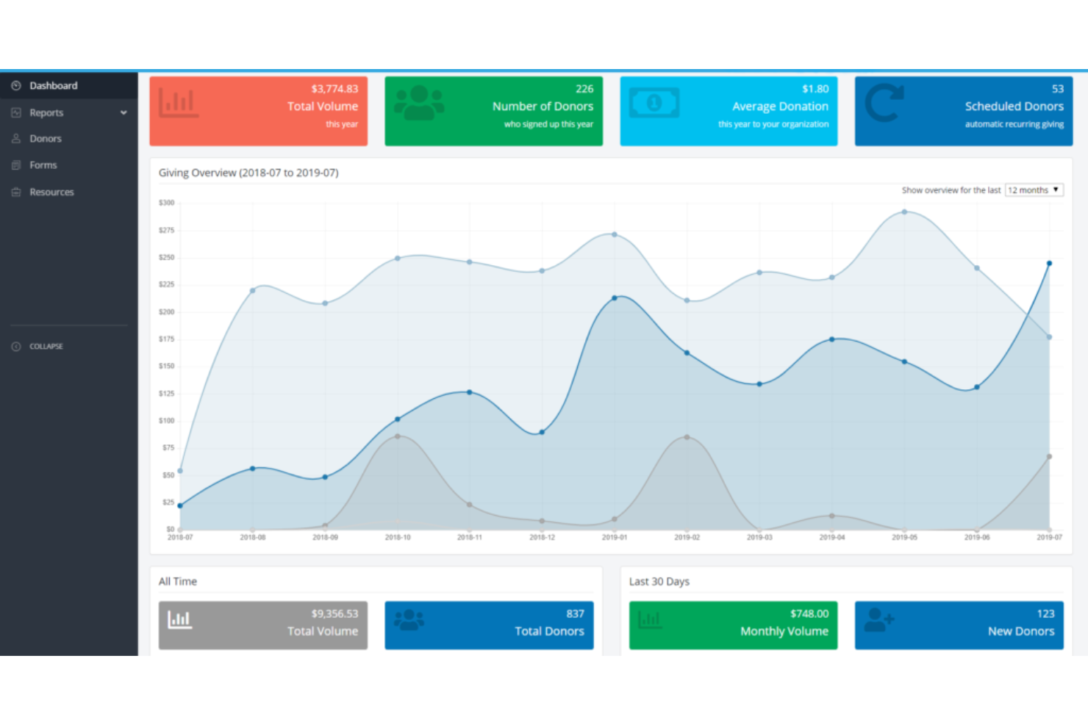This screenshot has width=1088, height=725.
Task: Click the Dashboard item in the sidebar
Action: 53,86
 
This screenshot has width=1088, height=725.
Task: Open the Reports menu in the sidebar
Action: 46,113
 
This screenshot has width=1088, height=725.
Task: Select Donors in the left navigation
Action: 45,139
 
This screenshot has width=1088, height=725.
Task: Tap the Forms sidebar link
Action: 43,165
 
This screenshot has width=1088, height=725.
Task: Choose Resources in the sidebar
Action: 51,192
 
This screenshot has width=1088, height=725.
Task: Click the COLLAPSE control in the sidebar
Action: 46,347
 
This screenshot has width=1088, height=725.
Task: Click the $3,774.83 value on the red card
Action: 334,89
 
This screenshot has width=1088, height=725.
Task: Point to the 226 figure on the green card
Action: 584,89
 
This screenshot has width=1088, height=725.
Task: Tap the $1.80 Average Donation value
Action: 815,89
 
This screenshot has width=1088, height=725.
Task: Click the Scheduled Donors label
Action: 1014,107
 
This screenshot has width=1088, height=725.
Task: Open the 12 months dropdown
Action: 1034,190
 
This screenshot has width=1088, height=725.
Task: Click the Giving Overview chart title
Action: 248,173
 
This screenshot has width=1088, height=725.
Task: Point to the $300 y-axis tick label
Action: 167,203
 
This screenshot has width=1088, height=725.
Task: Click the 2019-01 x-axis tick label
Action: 615,538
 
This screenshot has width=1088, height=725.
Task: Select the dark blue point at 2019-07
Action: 1049,263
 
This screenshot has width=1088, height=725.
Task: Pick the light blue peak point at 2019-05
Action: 904,212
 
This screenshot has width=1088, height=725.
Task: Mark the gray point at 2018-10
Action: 398,436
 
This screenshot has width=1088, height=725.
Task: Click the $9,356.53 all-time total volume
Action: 334,614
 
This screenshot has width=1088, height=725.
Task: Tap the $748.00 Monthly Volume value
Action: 809,614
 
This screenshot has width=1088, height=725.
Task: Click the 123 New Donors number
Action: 1045,614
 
